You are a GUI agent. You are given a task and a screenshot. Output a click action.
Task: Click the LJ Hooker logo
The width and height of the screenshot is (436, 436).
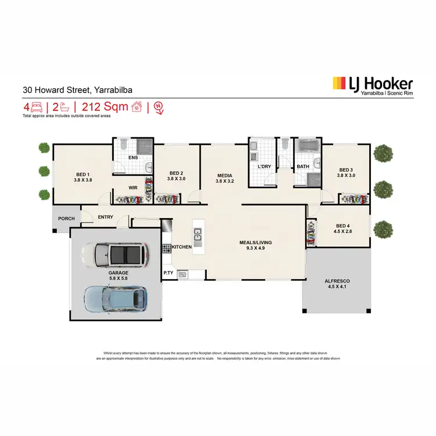coord(372,86)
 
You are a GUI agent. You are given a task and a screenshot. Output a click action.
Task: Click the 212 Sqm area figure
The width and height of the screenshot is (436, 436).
coord(105,107)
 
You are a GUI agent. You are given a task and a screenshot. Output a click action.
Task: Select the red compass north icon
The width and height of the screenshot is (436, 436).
coord(159,107)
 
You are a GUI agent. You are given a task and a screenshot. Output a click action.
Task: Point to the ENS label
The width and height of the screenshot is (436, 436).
coord(133,158)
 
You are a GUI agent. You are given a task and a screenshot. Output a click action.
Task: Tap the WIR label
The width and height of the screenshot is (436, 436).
coord(133,188)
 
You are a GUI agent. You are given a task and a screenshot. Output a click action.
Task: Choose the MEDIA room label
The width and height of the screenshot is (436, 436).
coord(224,177)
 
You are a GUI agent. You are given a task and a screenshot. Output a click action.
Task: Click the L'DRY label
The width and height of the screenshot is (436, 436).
coord(265,167)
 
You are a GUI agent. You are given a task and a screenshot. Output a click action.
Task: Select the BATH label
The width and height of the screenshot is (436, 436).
coord(303,167)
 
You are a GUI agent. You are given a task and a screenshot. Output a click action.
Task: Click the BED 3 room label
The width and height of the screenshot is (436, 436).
coord(346,172)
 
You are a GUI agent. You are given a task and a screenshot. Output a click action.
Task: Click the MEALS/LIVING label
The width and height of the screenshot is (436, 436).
coord(256,245)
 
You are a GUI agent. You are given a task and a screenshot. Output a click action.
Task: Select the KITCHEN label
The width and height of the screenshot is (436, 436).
coord(181,247)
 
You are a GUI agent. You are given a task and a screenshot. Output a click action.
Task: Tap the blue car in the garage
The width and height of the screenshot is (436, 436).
coord(115,297)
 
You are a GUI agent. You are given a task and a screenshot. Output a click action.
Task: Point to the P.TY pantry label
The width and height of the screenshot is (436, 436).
coord(169,272)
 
